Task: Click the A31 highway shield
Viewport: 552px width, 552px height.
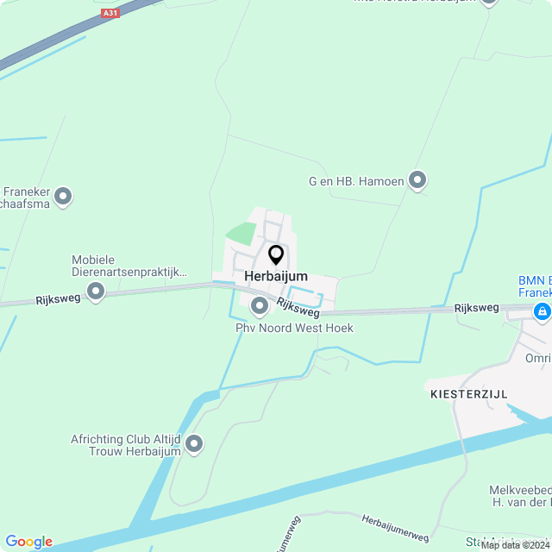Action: (x=110, y=13)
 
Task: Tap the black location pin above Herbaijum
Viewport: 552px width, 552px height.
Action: (x=276, y=254)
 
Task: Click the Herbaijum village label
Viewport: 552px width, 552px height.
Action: (x=276, y=276)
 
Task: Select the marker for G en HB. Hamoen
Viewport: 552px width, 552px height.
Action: (x=417, y=180)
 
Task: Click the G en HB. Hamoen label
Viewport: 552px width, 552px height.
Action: (x=356, y=181)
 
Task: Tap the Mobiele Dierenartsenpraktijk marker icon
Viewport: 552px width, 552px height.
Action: (x=96, y=292)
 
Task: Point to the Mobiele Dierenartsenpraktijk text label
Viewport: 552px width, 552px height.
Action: (x=129, y=266)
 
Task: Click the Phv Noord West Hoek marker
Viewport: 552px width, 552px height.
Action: (x=259, y=306)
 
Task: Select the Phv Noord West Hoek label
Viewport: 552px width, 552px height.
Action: (x=294, y=329)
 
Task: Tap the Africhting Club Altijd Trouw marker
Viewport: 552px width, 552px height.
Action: (x=194, y=444)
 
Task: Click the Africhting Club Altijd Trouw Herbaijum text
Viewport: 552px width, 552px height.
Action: (x=126, y=445)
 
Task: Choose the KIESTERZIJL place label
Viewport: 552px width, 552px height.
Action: (x=468, y=393)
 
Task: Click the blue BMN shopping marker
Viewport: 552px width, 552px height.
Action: (x=542, y=311)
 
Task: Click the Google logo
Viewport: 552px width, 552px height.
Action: (x=28, y=542)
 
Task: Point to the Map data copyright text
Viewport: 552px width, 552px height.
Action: (x=515, y=545)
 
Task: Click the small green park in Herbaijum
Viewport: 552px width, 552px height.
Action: (x=242, y=233)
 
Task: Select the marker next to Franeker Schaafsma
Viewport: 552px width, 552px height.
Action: (x=62, y=198)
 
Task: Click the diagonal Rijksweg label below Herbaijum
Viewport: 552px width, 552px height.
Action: (x=298, y=306)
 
